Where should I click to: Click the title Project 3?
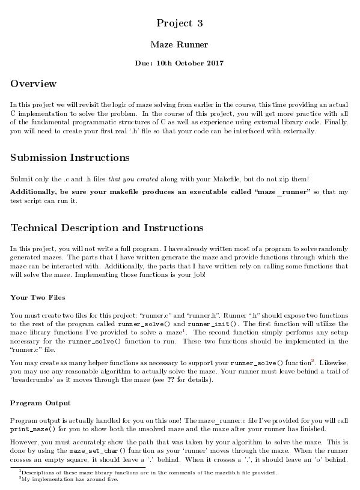pos(180,23)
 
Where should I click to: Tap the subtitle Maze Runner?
pos(180,44)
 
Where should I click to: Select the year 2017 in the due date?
pos(212,63)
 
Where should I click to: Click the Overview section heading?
pos(33,83)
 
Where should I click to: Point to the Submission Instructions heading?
pos(70,158)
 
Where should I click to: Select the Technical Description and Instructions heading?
pos(107,228)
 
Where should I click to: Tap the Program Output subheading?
pos(40,402)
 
